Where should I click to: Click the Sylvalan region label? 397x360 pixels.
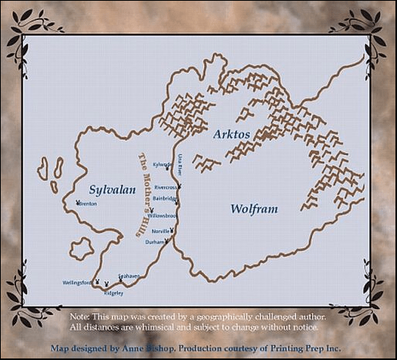coord(113,190)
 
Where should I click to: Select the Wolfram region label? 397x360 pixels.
coord(254,209)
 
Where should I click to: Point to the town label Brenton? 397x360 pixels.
coord(87,204)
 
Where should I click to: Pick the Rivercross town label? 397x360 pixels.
coord(166,187)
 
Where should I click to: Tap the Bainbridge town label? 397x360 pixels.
coord(165,198)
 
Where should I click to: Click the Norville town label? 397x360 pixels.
coord(160,231)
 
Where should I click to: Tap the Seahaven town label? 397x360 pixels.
coord(129,276)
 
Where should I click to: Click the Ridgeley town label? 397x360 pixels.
coord(113,294)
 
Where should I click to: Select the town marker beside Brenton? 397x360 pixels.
coord(78,204)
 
